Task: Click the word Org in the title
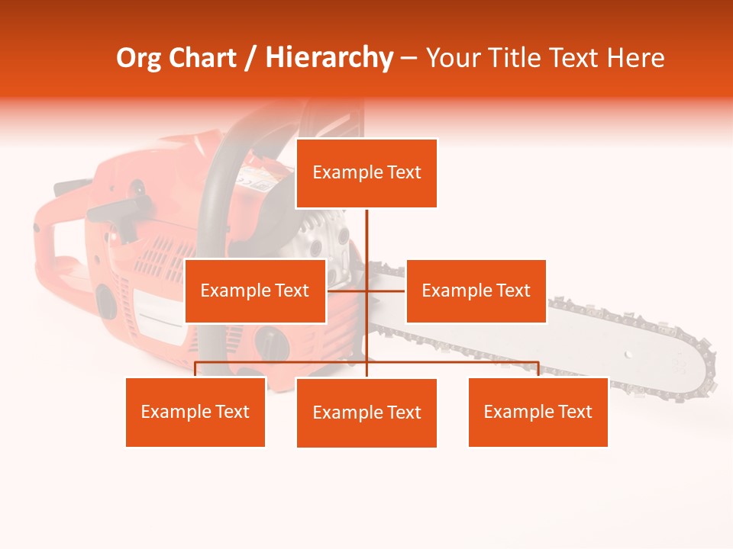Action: tap(140, 58)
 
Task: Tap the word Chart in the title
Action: tap(202, 58)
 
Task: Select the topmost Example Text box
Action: tap(366, 173)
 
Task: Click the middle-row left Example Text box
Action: tap(255, 291)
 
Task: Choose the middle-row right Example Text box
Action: tap(476, 291)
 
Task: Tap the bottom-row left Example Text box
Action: tap(195, 412)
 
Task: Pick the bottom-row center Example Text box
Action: tap(366, 413)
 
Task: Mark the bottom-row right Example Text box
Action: tap(538, 412)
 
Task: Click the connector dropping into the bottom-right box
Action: tap(538, 369)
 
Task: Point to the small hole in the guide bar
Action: tap(628, 355)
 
